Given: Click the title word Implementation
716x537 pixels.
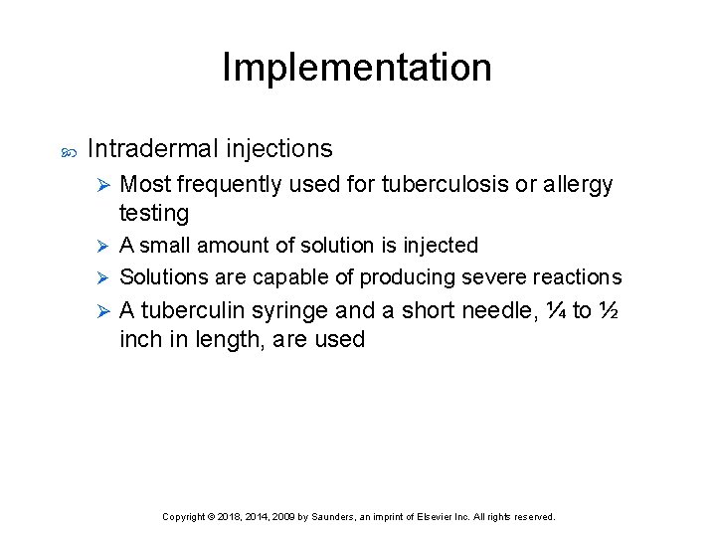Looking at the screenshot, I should click(357, 68).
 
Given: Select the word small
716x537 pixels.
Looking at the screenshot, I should click(168, 245).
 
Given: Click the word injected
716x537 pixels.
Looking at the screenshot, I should click(442, 245).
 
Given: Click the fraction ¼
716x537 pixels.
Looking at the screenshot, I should click(555, 310).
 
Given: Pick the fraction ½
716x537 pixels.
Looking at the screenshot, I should click(609, 310).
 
